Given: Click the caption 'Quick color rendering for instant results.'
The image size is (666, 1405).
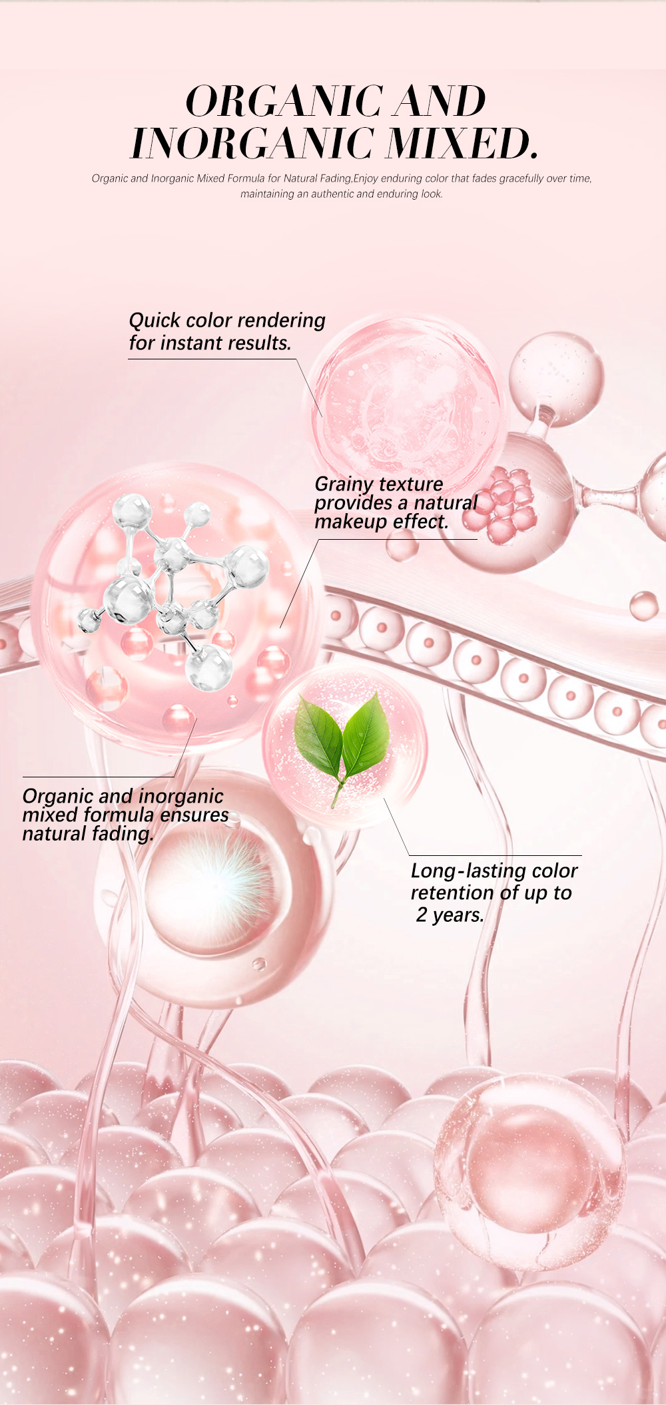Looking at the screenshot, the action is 227,331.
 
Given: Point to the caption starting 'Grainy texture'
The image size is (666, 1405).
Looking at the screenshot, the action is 396,502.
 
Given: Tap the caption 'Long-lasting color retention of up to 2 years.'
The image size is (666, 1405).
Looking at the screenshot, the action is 494,893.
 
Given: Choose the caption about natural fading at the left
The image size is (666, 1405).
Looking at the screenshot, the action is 125,815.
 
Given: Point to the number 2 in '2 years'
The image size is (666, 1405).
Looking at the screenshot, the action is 422,915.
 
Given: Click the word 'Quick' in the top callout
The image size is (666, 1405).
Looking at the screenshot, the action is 155,321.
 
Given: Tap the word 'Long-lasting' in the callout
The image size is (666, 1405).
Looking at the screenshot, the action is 462,871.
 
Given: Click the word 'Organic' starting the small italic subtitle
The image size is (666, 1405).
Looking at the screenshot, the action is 110,178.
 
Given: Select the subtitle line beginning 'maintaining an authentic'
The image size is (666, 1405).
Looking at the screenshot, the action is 342,194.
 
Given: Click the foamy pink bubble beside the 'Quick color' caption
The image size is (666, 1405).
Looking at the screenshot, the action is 406,399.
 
